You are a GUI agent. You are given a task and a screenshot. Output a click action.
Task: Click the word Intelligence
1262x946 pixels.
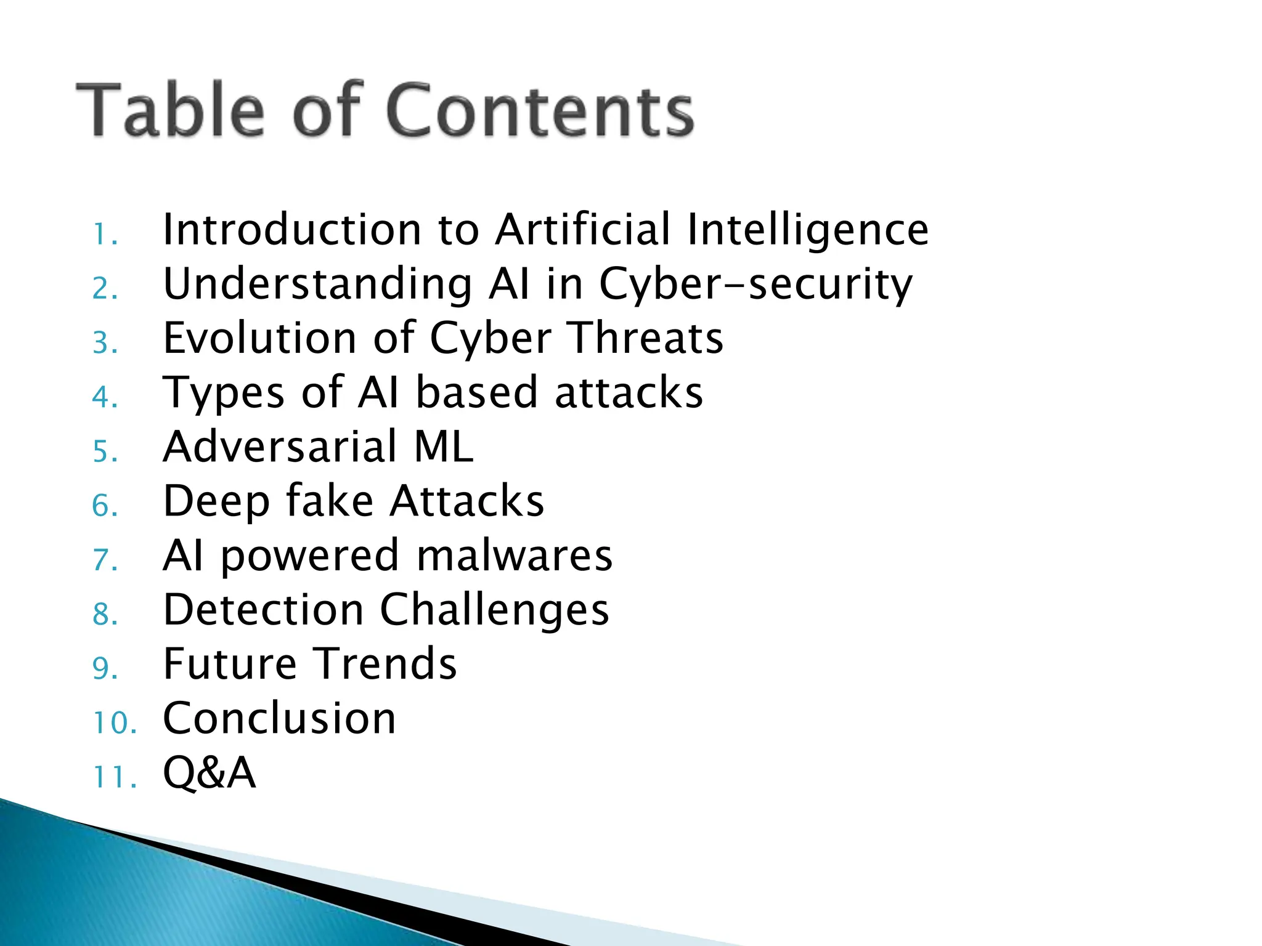(808, 230)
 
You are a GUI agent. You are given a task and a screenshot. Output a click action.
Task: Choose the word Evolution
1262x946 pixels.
(259, 338)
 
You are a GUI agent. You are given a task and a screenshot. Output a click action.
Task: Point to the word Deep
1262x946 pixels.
(216, 501)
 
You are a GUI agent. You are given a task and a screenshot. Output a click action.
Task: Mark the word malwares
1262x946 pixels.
(515, 556)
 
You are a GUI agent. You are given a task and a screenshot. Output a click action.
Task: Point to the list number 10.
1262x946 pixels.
(114, 722)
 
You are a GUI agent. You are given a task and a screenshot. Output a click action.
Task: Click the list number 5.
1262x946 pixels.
(105, 451)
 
